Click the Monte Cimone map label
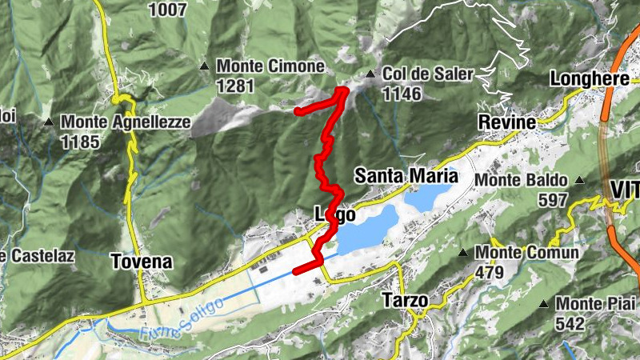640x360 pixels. point(270,66)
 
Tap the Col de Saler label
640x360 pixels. point(428,74)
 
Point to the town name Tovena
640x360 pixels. point(142,262)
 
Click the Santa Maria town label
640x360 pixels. point(406,175)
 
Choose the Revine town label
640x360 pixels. point(506,122)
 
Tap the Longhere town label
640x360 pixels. point(590,79)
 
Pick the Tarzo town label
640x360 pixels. point(405,300)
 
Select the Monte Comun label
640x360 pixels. point(526,253)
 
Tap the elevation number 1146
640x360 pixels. point(402,94)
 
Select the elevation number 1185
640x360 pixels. point(80,142)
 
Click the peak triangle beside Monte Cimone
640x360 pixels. point(206,66)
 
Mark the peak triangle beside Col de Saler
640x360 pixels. point(370,75)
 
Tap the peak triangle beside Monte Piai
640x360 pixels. point(544,304)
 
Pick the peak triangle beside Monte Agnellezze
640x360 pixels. point(50,122)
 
